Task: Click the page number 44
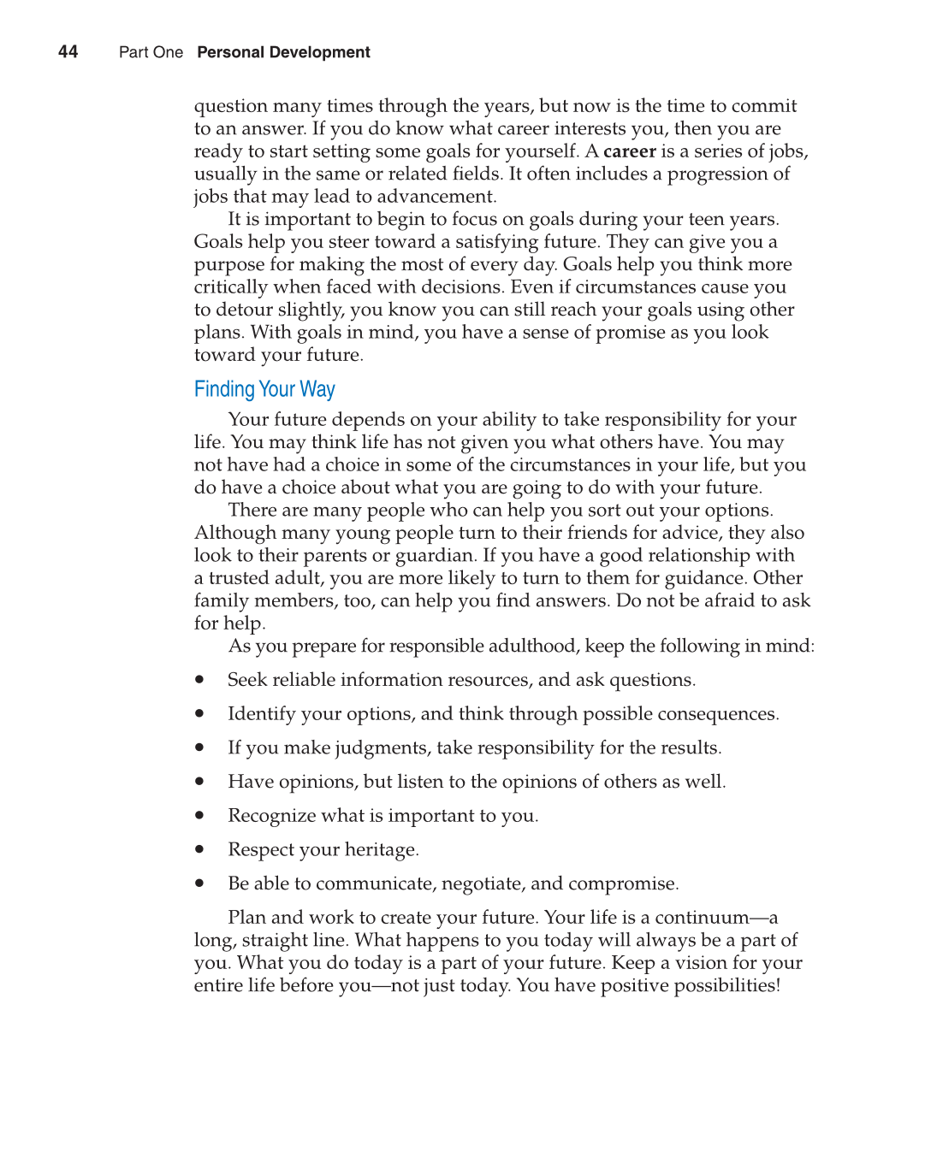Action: pos(68,52)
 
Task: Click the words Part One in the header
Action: pos(151,53)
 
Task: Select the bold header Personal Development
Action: pos(283,53)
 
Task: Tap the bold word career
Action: pos(629,151)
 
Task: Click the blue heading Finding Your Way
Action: pos(264,390)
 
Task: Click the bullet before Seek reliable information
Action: pos(199,680)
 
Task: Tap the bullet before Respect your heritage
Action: pos(199,850)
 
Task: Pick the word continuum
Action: pos(702,918)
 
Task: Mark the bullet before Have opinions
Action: pos(199,782)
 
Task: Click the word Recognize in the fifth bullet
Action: pos(271,816)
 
